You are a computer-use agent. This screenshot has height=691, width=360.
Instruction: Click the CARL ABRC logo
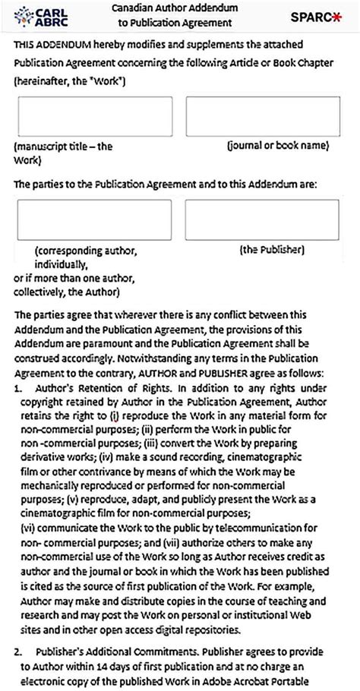[36, 17]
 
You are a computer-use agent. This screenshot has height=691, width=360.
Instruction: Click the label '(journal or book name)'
[277, 144]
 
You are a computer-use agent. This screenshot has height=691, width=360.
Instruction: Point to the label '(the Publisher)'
[272, 248]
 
